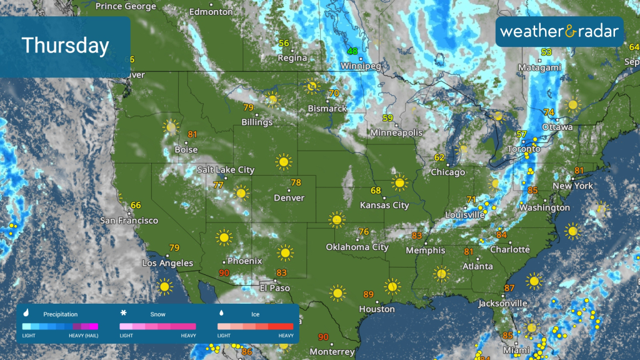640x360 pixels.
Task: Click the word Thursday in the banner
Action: point(65,46)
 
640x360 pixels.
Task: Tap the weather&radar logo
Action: point(559,31)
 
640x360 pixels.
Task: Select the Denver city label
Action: point(289,197)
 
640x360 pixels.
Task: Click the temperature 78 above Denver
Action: point(296,182)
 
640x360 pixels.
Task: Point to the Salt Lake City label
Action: point(226,169)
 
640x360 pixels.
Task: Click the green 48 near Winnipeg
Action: point(353,51)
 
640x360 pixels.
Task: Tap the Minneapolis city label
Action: point(396,132)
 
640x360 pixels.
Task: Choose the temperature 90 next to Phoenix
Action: point(224,272)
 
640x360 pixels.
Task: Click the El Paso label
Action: point(275,288)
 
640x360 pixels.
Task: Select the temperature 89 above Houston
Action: point(368,294)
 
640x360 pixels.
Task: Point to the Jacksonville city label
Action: point(502,303)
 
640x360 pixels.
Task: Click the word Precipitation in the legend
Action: point(61,314)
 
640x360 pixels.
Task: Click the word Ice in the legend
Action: point(255,314)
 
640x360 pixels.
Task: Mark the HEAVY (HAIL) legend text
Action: point(83,336)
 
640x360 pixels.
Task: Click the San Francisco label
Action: point(129,221)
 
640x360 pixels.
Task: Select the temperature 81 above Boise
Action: point(192,134)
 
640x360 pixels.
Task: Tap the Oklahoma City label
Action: point(357,247)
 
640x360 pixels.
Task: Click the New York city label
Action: point(572,186)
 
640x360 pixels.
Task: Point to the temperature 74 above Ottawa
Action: point(549,112)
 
